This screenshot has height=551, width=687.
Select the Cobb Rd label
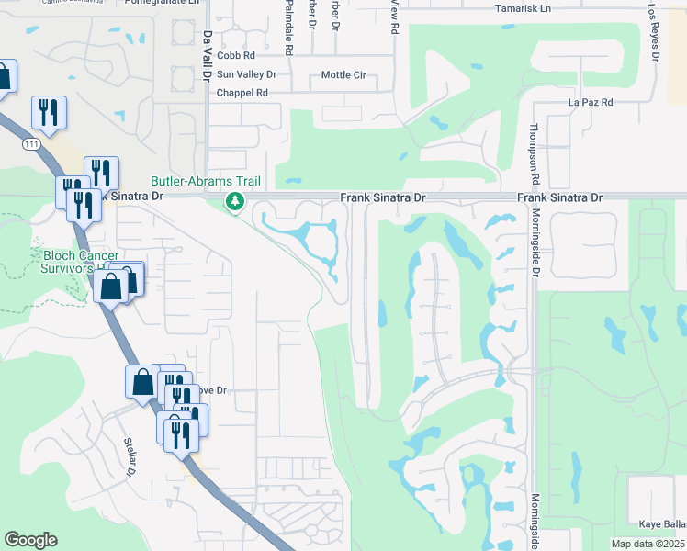236,56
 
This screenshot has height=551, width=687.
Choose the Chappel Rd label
242,93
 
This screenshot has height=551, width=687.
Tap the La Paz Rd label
591,102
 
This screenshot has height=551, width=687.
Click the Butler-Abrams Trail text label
207,182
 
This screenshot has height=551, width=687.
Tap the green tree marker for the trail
236,201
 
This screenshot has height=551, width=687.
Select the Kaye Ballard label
662,523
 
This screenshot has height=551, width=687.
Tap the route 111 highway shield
31,145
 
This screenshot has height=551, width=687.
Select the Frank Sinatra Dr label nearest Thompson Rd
559,197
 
